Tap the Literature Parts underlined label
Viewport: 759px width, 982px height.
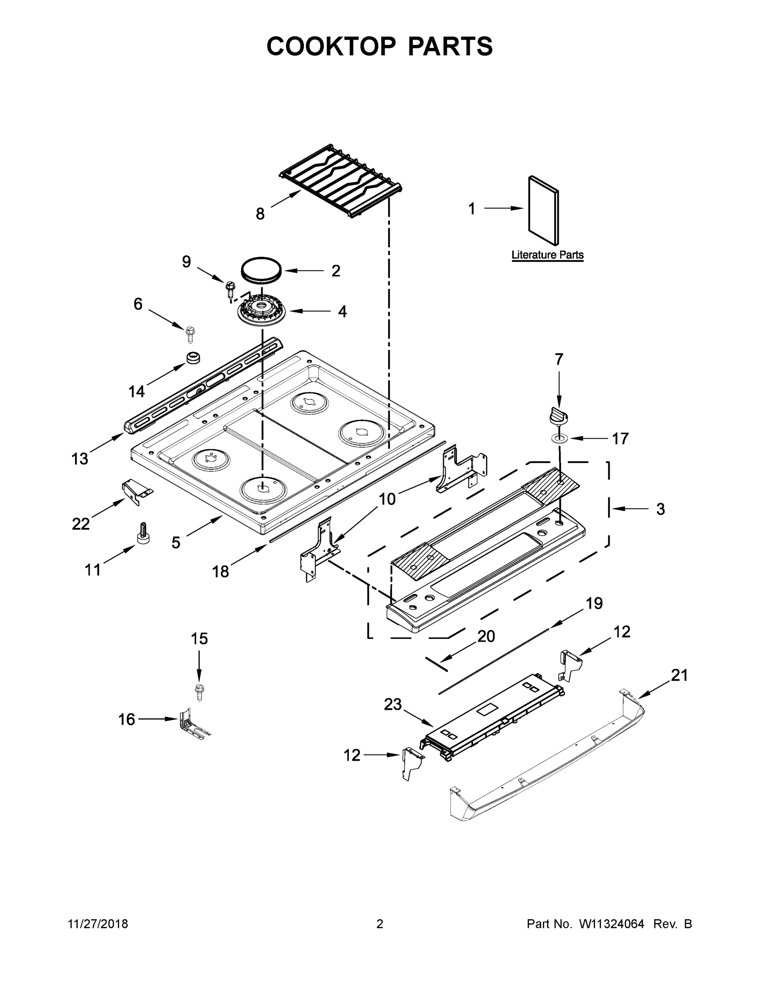[x=547, y=255]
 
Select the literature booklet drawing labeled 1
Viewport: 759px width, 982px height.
[x=543, y=210]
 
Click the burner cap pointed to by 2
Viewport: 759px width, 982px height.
[x=261, y=270]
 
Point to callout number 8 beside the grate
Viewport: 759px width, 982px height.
[x=260, y=214]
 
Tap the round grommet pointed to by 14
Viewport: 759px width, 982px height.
[x=193, y=358]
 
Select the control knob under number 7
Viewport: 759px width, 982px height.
[x=558, y=414]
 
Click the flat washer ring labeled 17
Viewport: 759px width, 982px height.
[x=559, y=437]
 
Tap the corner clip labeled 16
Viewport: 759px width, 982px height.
[x=191, y=723]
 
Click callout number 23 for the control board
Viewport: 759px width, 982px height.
[x=392, y=705]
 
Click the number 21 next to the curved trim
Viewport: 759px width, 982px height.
[x=679, y=676]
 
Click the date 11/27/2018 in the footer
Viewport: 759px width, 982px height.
[x=98, y=924]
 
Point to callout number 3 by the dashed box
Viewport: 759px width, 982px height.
[x=660, y=509]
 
